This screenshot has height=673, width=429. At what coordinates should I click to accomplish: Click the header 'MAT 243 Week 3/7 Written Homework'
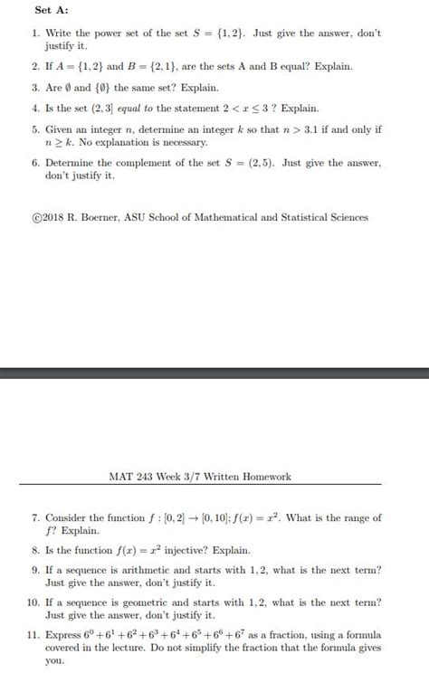pos(200,477)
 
